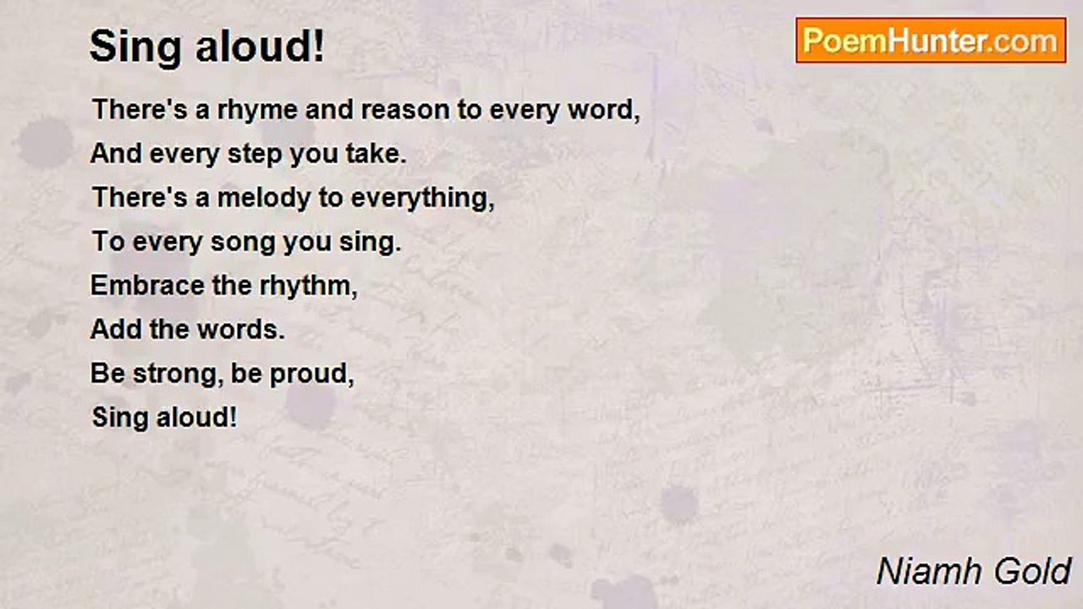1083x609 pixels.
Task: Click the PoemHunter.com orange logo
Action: click(x=931, y=41)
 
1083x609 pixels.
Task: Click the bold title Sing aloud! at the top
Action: click(x=207, y=47)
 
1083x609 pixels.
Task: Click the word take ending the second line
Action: click(x=376, y=153)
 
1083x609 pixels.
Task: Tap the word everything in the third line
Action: click(x=422, y=199)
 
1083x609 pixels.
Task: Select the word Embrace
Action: click(x=147, y=285)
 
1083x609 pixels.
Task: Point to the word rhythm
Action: click(x=308, y=286)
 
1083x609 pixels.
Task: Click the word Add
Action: click(x=116, y=329)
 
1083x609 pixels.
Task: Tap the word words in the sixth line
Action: click(x=240, y=329)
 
